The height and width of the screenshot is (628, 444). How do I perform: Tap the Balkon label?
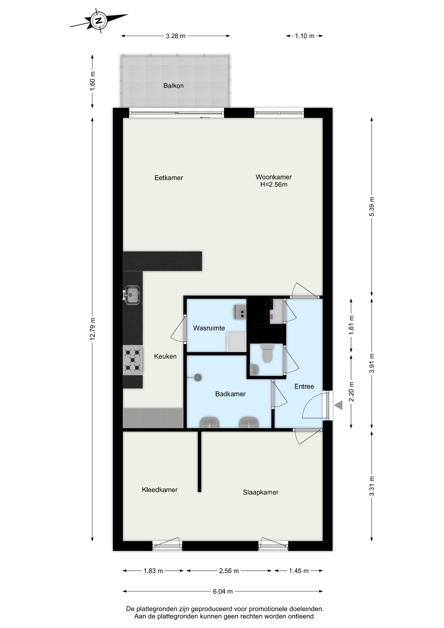pos(173,86)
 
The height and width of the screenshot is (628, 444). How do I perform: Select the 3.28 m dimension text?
pos(176,36)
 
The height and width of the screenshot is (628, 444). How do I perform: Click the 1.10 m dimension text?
pos(304,36)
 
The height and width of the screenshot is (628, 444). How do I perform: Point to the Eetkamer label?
pos(169,178)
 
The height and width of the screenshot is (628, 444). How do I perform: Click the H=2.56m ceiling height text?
pos(274,184)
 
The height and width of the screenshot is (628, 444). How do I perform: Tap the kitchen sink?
pos(132,295)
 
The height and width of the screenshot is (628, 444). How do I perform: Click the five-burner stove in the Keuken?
pos(133,360)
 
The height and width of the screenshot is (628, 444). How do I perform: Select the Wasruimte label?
pos(209,328)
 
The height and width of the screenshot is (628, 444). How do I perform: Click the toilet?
pos(267,353)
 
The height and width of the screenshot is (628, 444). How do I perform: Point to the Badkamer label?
pos(230,394)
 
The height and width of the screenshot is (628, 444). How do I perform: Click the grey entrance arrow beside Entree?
pos(338,406)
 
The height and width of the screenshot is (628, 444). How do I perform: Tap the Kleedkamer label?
pos(160,490)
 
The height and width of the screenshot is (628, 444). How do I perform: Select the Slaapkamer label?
pos(261,492)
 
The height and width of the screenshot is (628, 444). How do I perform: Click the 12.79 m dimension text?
pos(93,329)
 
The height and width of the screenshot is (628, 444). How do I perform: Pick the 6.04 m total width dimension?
pos(223,591)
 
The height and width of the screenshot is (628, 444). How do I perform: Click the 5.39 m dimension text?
pos(372,206)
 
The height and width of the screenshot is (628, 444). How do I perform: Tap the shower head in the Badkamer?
pos(197,377)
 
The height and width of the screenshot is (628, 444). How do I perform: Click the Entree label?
pos(304,387)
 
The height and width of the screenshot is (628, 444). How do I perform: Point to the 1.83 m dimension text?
pos(153,571)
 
